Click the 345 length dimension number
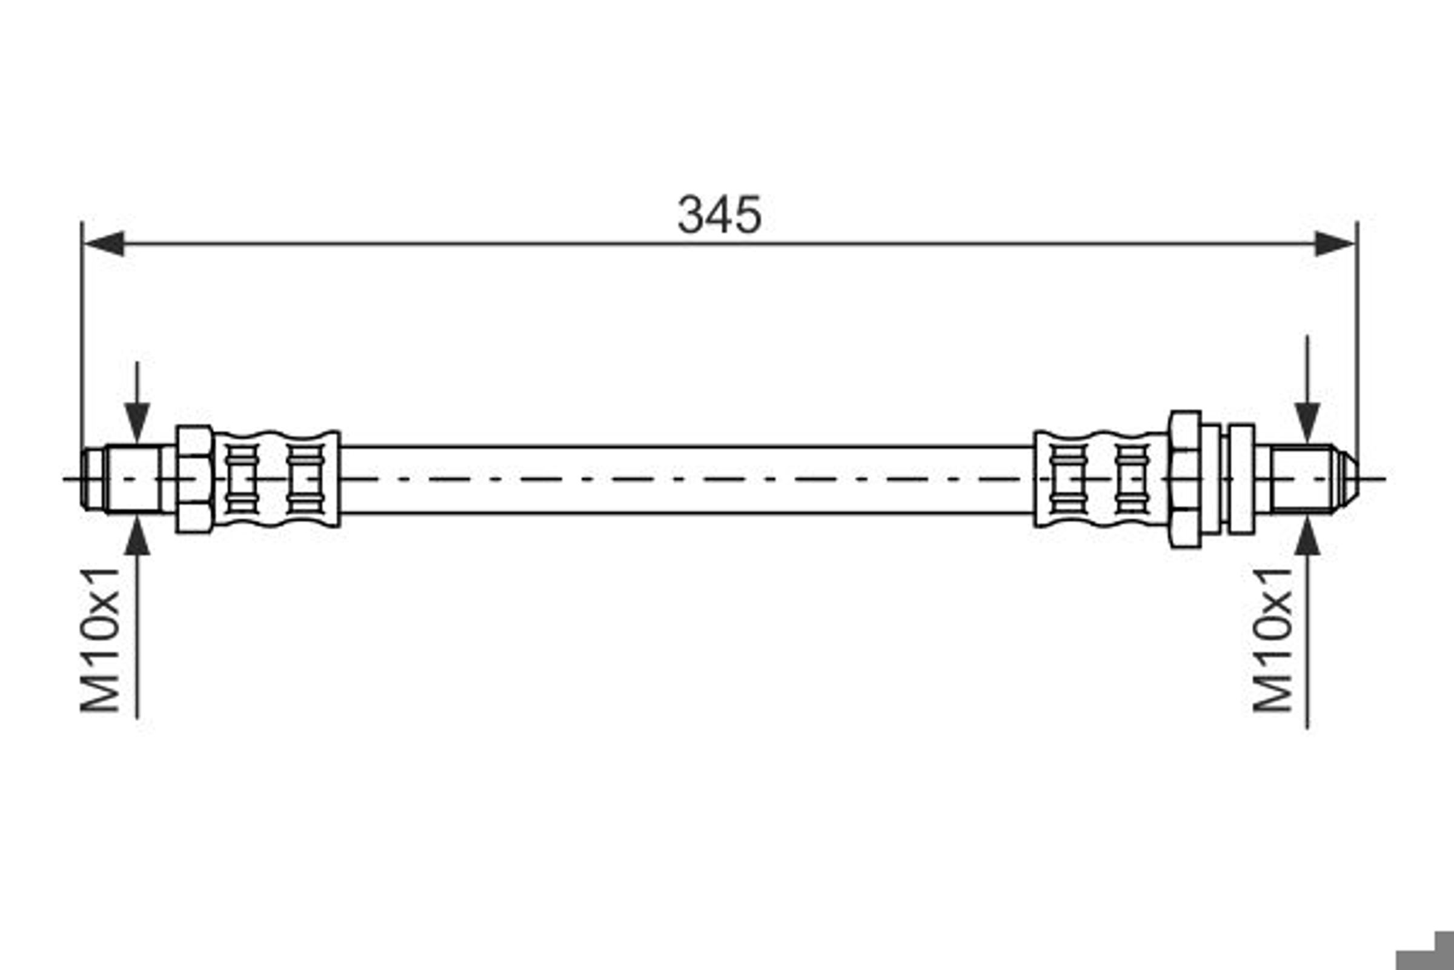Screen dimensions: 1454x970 (x=720, y=215)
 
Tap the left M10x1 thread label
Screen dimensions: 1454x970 (x=100, y=640)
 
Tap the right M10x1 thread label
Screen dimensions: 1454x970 (x=1273, y=640)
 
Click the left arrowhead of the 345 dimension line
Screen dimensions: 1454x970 (x=103, y=244)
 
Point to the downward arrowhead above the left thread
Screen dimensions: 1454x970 (x=137, y=423)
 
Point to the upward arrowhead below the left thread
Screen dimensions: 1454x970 (x=137, y=536)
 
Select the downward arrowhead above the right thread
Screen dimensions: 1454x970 (x=1307, y=423)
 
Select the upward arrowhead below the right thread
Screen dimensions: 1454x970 (x=1307, y=536)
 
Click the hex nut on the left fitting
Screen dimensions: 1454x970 (x=194, y=479)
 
